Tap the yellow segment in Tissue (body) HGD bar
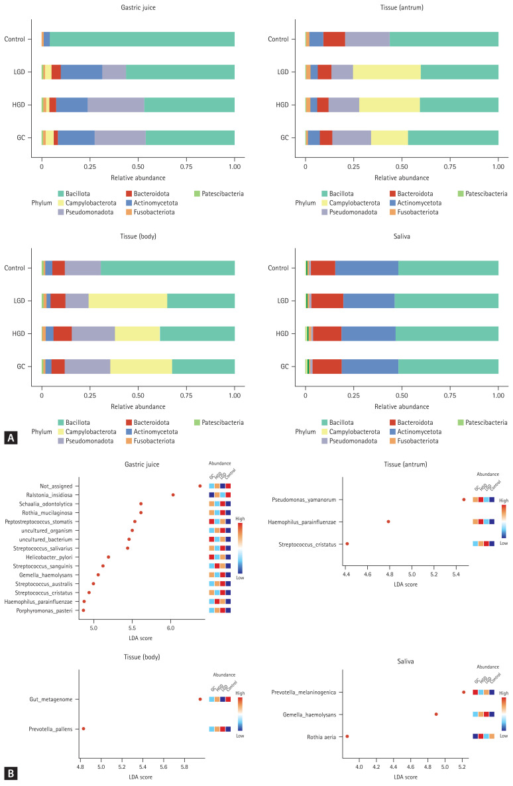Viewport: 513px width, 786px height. pyautogui.click(x=137, y=333)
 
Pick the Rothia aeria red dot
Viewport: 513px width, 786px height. pyautogui.click(x=347, y=736)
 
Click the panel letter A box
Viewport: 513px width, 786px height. pyautogui.click(x=10, y=437)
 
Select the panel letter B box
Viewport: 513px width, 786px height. pyautogui.click(x=10, y=773)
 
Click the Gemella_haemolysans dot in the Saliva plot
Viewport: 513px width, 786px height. pyautogui.click(x=436, y=714)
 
